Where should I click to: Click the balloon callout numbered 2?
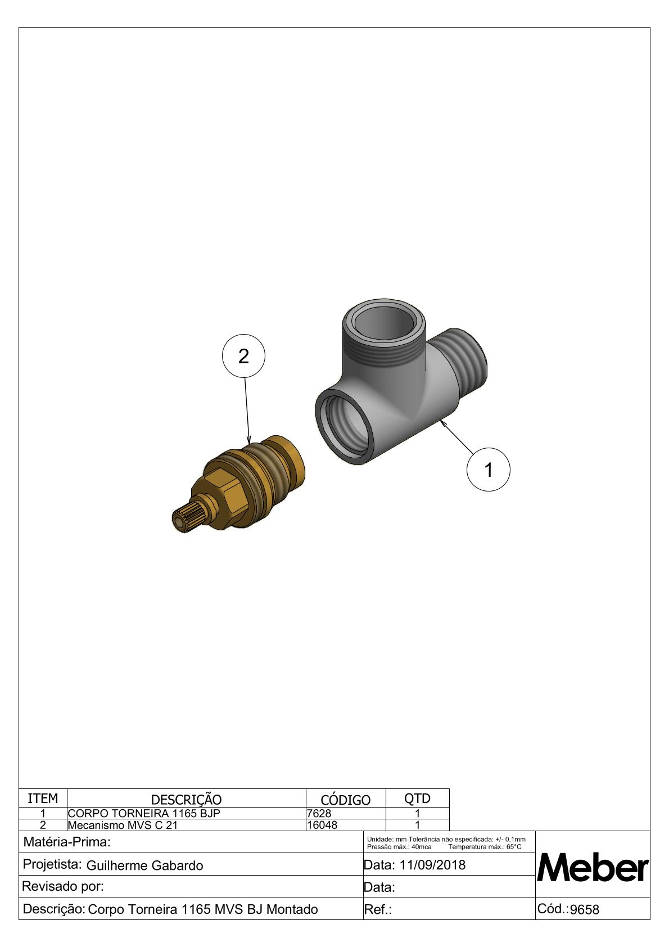243,356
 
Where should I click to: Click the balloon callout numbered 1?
488,469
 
